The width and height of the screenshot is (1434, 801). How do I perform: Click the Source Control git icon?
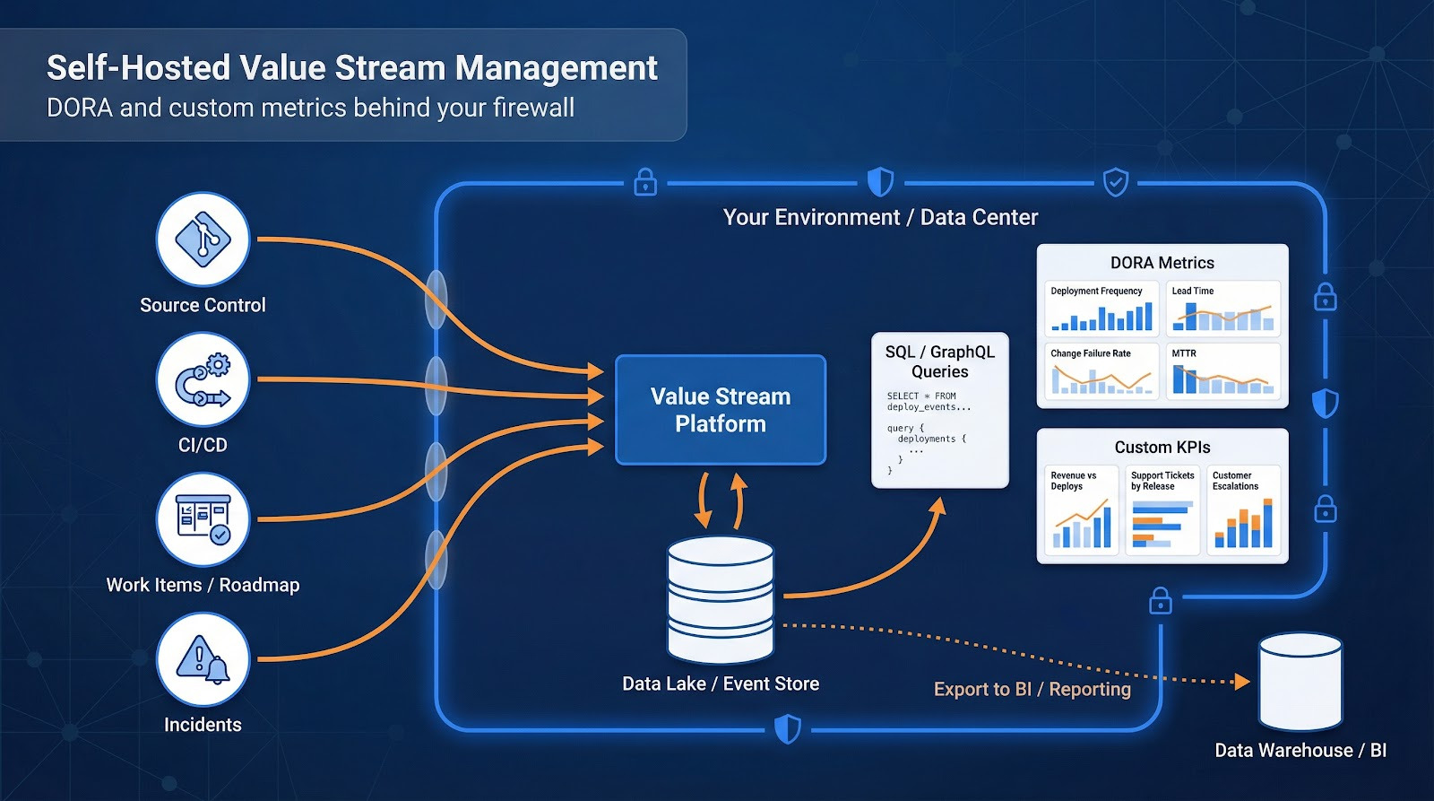tap(203, 239)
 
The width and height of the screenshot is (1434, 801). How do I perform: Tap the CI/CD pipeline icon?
tap(203, 380)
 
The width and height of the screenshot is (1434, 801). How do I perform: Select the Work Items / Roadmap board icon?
tap(203, 520)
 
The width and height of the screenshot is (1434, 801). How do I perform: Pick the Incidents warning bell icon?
tap(203, 659)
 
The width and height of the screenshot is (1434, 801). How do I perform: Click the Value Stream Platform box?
tap(721, 410)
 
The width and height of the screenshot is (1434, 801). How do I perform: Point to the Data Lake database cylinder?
tap(721, 599)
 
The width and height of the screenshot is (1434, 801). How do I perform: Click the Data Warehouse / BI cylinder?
tap(1300, 682)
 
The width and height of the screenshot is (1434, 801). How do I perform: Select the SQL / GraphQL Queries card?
tap(940, 410)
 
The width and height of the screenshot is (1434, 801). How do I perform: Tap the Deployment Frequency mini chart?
tap(1101, 309)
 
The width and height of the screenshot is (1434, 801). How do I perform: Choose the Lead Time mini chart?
tap(1222, 309)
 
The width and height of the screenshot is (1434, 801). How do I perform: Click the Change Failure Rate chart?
tap(1101, 371)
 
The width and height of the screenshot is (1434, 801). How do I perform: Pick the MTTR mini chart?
tap(1222, 371)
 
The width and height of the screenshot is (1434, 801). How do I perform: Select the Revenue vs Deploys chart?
tap(1081, 509)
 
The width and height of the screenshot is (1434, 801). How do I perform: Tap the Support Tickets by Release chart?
tap(1162, 509)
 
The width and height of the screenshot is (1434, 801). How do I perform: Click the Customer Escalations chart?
tap(1244, 509)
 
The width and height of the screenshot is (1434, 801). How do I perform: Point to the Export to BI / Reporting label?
tap(1032, 689)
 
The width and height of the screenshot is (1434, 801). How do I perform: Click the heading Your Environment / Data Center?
tap(880, 217)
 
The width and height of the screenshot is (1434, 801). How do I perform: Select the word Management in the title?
tap(557, 68)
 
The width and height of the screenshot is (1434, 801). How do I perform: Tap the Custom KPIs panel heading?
tap(1162, 447)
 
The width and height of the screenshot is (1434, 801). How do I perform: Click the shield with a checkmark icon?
tap(1115, 183)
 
